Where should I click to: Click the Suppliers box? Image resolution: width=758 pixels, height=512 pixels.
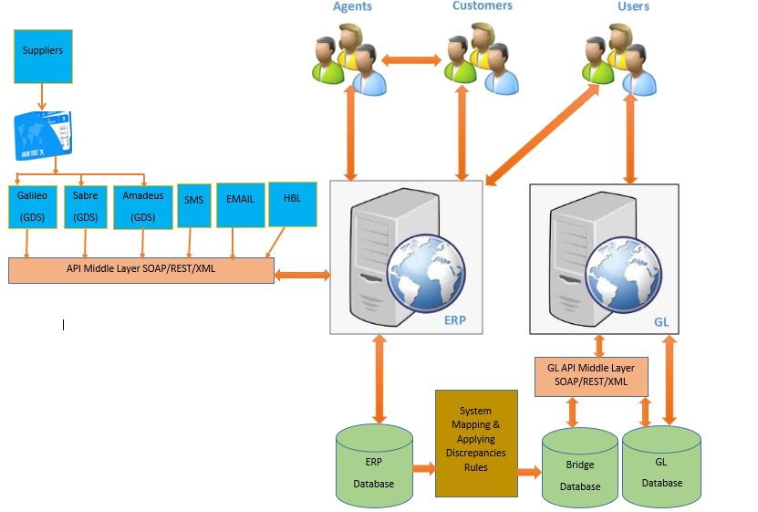[x=43, y=55]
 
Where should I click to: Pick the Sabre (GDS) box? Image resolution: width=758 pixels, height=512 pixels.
[x=85, y=206]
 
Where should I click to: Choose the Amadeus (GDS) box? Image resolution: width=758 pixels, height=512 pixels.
[x=142, y=206]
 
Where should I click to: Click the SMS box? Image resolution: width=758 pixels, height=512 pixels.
[x=193, y=206]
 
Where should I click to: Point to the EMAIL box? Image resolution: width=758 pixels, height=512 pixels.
[x=240, y=206]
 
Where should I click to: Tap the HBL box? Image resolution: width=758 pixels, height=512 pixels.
[x=293, y=204]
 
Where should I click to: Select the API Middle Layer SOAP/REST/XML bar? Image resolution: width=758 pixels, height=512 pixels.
[x=141, y=270]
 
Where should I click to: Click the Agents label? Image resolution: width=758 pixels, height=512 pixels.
[x=352, y=6]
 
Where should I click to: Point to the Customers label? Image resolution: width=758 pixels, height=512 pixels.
[x=483, y=6]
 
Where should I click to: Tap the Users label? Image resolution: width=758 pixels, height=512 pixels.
[x=633, y=6]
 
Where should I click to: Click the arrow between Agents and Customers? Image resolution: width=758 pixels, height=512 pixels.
[x=410, y=61]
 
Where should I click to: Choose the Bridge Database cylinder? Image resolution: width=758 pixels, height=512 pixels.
[x=580, y=470]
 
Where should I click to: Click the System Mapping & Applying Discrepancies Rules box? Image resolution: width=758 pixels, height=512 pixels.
[x=476, y=443]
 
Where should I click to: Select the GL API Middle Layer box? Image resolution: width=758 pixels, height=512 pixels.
[x=591, y=376]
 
